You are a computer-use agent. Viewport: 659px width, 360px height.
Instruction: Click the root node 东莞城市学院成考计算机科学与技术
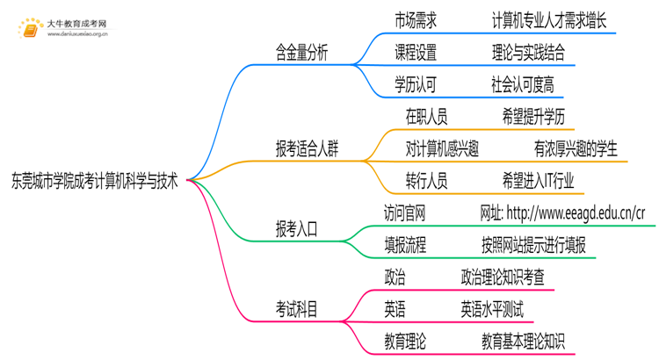(94, 182)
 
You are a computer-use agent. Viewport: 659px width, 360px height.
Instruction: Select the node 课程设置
(416, 53)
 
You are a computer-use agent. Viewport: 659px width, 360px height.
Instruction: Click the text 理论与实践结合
(528, 53)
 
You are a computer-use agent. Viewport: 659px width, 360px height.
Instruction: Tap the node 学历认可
(416, 85)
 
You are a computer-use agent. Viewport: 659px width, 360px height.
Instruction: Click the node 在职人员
(426, 117)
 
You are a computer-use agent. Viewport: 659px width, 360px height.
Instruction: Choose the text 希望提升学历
(533, 117)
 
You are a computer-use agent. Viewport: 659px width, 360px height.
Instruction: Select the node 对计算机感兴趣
(442, 149)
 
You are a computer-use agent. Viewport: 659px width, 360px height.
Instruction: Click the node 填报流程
(405, 246)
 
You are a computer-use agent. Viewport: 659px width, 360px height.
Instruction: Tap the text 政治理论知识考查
(502, 278)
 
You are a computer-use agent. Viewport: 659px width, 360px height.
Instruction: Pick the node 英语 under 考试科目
(395, 309)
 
